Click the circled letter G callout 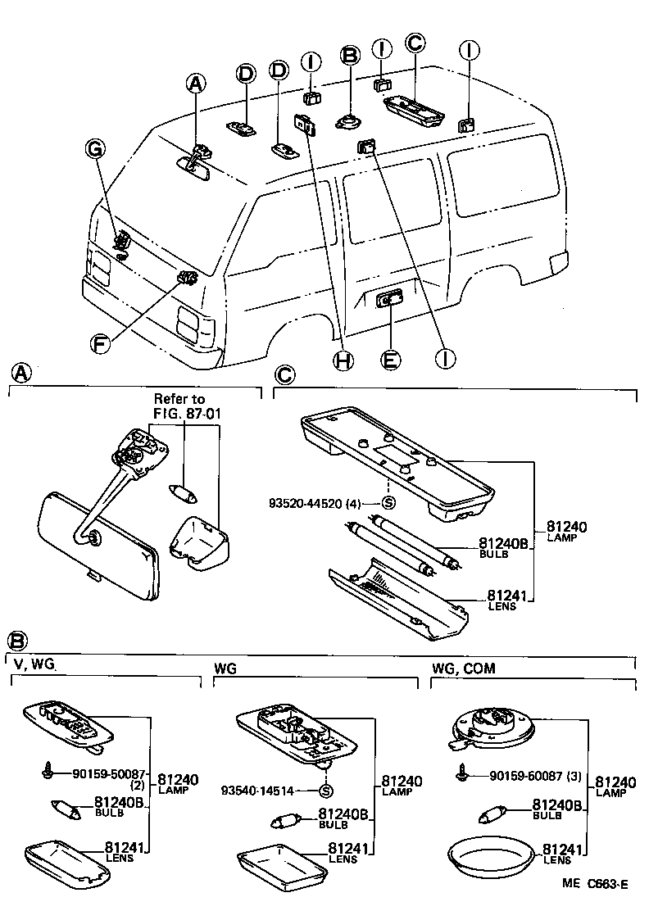click(x=96, y=148)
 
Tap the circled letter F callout click(x=99, y=343)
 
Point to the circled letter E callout click(x=392, y=359)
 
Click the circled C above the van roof click(x=415, y=43)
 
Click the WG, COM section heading click(x=463, y=669)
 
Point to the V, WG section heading click(x=34, y=669)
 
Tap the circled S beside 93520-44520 click(x=389, y=502)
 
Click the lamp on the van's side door click(x=390, y=301)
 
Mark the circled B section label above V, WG click(x=19, y=641)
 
